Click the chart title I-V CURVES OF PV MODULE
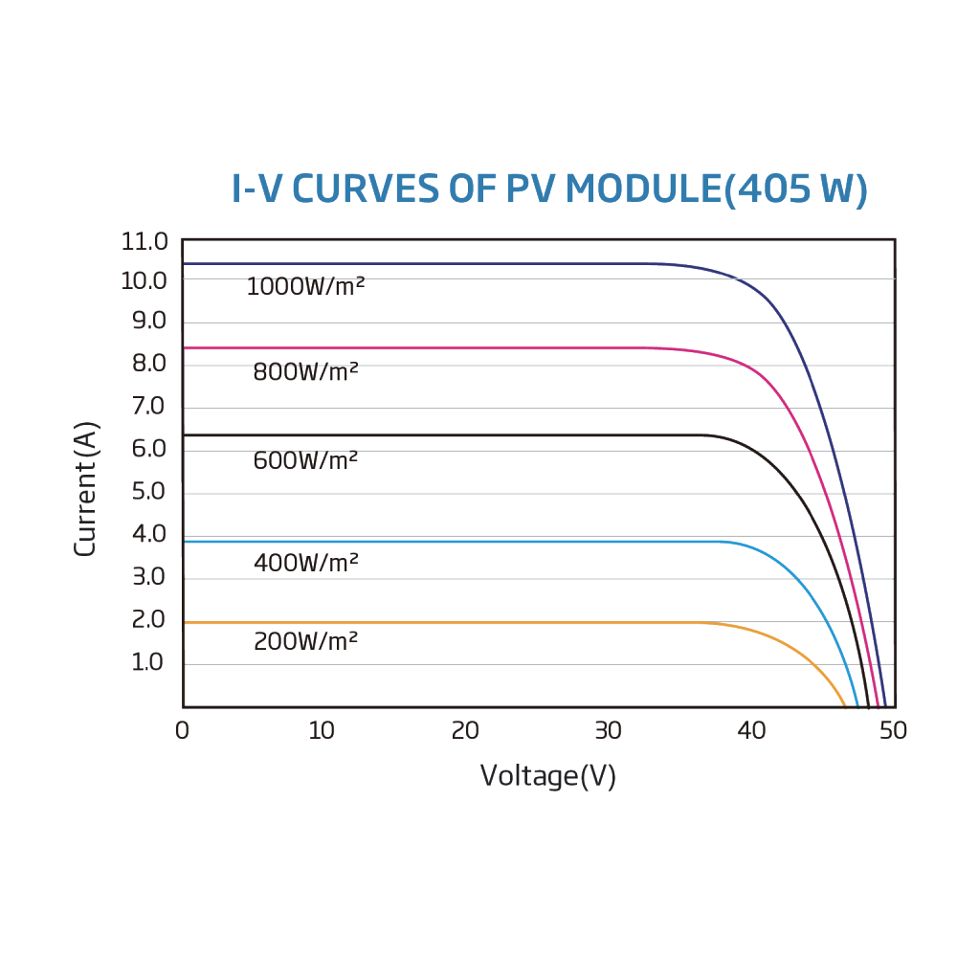tap(549, 189)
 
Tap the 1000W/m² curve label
tap(305, 286)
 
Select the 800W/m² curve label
tap(305, 371)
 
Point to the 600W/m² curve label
tap(305, 460)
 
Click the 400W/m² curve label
tap(305, 563)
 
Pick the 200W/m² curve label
tap(305, 641)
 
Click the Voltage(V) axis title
tap(547, 775)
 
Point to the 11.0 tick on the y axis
tap(145, 241)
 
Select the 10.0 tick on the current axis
tap(145, 280)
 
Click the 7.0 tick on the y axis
tap(148, 407)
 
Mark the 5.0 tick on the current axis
tap(148, 492)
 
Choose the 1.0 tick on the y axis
tap(148, 662)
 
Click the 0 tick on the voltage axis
tap(183, 731)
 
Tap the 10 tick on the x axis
tap(322, 731)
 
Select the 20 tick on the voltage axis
tap(464, 731)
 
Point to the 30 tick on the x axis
tap(608, 731)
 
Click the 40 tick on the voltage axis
tap(751, 731)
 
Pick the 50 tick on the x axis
tap(893, 731)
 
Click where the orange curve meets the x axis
tap(845, 706)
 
